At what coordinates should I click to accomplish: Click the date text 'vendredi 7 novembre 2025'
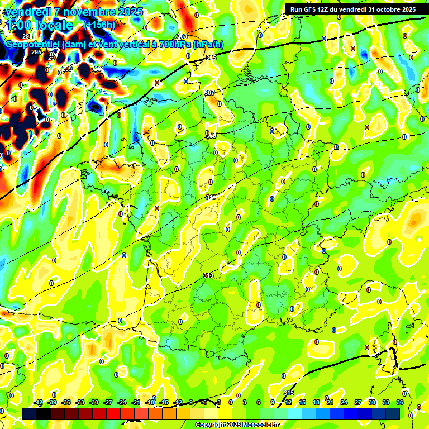click(74, 12)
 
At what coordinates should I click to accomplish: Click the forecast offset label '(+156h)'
click(99, 25)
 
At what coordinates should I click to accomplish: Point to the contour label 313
click(208, 275)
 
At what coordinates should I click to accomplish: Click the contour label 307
click(209, 93)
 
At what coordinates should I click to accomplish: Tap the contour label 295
click(36, 52)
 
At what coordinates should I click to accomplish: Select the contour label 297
click(53, 58)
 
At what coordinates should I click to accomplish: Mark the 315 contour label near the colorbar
click(288, 393)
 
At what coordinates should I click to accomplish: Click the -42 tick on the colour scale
click(38, 402)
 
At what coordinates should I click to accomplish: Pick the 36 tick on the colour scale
click(400, 402)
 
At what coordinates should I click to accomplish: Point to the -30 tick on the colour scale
click(94, 402)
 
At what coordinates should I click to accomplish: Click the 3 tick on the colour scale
click(245, 402)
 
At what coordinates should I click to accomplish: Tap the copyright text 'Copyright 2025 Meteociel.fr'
click(237, 425)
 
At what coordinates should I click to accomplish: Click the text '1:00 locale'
click(40, 25)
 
